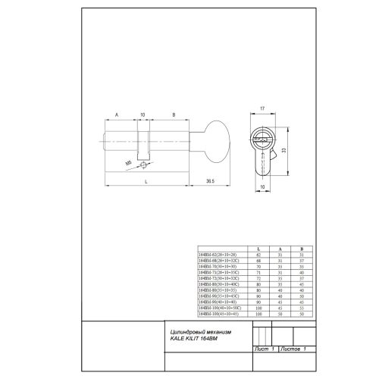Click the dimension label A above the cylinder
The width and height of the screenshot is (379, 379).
tap(117, 115)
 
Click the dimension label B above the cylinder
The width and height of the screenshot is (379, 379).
tap(174, 115)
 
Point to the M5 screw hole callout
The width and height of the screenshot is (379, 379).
tap(128, 161)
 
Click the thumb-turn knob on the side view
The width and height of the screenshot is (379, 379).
tap(218, 140)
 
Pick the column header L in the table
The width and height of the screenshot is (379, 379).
tap(259, 249)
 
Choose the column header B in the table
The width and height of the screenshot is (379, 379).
tap(301, 249)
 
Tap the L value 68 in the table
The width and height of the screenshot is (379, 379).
tap(259, 262)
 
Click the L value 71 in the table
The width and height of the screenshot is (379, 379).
tap(259, 273)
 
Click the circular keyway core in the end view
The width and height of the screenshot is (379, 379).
tap(260, 143)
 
